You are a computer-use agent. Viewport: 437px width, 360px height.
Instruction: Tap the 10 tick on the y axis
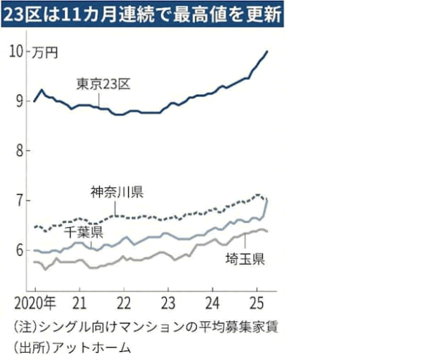pos(17,51)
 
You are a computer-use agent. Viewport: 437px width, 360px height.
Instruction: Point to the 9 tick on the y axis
pos(20,101)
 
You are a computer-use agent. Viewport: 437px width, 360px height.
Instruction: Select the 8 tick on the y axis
pos(20,151)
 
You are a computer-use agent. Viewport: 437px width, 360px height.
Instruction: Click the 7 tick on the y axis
pos(20,200)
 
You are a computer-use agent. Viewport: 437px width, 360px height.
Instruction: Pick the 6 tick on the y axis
pos(20,250)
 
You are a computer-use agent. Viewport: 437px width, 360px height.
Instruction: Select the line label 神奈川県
pos(117,193)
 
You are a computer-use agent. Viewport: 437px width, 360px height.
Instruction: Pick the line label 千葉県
pos(83,232)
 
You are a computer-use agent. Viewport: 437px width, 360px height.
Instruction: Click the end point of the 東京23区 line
pos(267,51)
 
